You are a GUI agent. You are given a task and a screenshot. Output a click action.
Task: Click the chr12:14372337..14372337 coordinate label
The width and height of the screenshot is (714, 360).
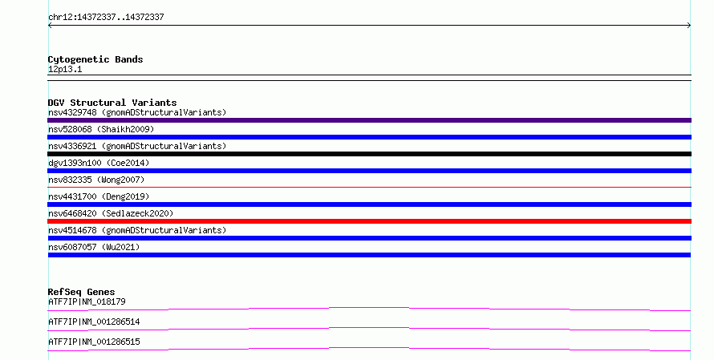(106, 18)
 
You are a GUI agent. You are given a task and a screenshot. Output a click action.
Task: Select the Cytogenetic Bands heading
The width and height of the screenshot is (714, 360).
(95, 59)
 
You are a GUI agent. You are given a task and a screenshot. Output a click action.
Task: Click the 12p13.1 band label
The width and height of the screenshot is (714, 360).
(65, 69)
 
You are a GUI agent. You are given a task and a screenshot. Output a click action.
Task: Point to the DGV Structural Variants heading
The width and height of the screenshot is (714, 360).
(112, 103)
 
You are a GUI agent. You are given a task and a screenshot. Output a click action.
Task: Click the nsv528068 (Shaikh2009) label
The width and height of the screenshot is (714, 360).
(101, 129)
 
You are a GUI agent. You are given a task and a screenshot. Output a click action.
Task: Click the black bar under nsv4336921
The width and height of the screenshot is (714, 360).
(369, 154)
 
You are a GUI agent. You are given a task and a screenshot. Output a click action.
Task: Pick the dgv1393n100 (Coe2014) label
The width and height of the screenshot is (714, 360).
(99, 163)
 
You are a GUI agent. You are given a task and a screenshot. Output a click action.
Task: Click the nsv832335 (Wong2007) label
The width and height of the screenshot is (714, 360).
(96, 180)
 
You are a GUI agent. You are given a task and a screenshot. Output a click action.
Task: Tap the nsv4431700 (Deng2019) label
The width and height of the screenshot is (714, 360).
(99, 196)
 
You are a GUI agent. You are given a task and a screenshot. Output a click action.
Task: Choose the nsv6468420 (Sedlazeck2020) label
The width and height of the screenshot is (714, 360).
(111, 213)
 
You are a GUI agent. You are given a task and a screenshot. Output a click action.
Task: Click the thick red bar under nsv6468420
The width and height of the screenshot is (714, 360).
(369, 221)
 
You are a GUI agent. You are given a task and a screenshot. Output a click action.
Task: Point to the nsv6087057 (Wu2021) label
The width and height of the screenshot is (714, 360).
(94, 247)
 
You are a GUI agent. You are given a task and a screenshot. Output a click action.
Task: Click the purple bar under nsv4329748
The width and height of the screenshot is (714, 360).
(369, 120)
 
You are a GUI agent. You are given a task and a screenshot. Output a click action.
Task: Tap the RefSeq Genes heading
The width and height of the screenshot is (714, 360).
(82, 292)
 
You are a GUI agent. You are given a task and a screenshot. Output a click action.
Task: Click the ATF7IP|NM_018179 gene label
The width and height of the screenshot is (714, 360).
(87, 301)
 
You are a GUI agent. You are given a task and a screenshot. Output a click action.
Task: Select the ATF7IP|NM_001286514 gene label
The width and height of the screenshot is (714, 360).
(94, 322)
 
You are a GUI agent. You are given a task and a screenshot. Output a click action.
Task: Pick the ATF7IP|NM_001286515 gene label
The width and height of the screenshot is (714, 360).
(94, 342)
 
